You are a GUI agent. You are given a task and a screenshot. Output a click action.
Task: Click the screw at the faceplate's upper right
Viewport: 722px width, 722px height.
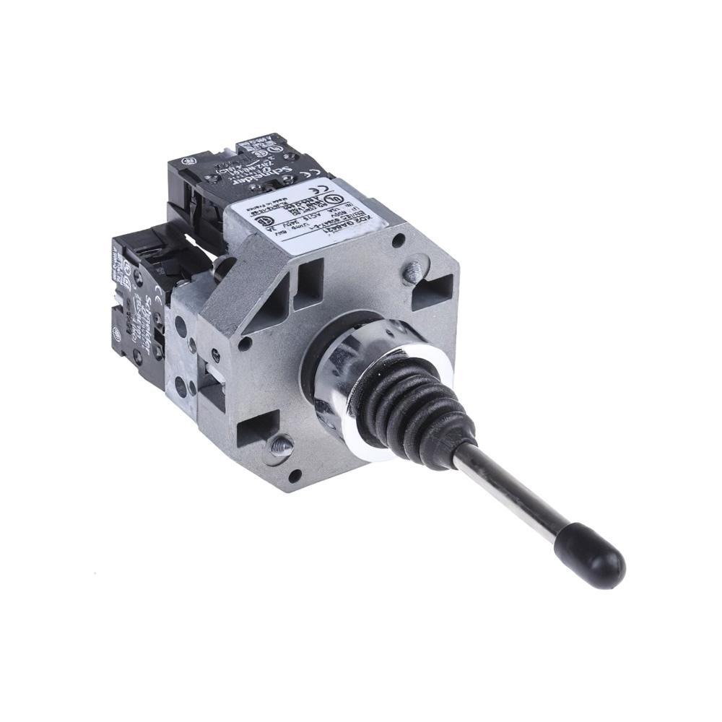[x=412, y=272]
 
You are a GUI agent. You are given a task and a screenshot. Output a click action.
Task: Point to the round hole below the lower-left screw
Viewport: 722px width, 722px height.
[x=295, y=474]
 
